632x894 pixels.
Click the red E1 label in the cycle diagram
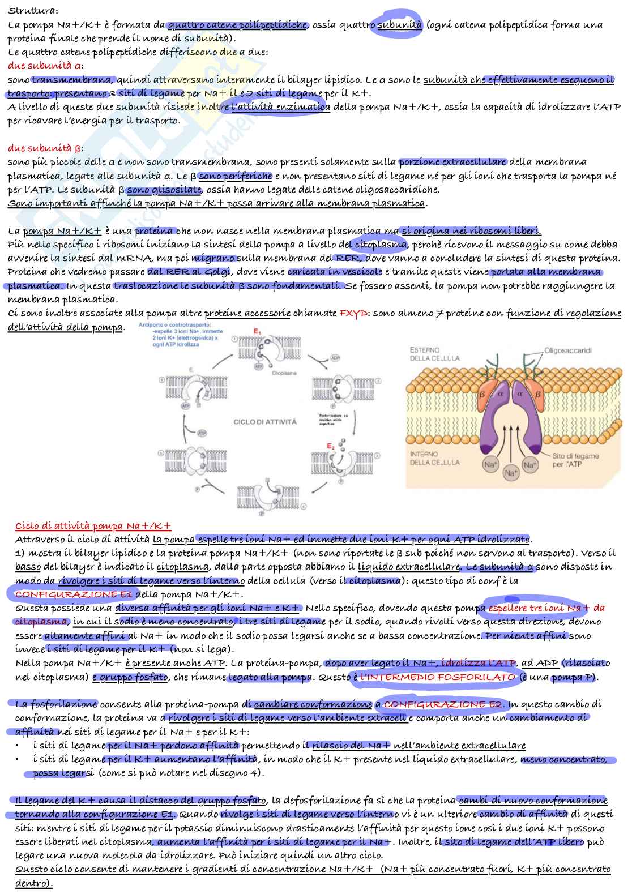(257, 331)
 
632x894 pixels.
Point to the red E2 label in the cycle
(331, 446)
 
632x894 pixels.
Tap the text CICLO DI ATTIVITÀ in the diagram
(265, 422)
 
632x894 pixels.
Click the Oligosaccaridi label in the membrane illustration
(567, 350)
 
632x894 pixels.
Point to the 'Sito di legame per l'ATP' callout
(575, 460)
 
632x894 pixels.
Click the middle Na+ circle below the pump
(511, 473)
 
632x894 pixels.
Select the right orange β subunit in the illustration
(538, 393)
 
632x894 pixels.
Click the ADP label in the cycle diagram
(335, 358)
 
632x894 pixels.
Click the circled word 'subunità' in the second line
(400, 25)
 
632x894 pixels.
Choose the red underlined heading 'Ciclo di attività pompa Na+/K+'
(93, 526)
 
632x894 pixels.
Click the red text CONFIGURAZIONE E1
(74, 594)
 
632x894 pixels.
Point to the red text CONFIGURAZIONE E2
(443, 704)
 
